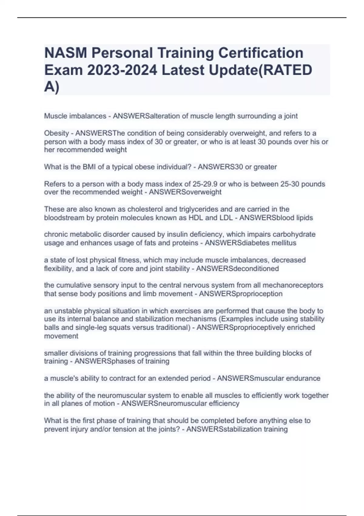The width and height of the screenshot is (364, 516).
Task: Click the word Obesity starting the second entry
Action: coord(56,133)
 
